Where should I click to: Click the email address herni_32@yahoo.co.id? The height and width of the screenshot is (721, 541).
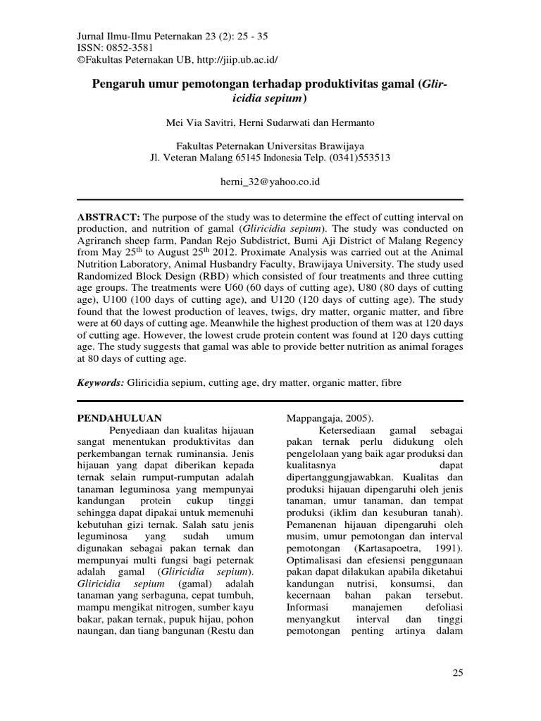(x=270, y=182)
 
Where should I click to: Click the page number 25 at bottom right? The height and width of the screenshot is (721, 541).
(x=458, y=674)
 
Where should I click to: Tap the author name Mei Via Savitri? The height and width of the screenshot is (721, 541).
(x=193, y=123)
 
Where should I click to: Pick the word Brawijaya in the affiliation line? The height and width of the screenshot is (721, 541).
(x=359, y=146)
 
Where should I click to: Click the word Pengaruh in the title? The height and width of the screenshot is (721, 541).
(x=118, y=84)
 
